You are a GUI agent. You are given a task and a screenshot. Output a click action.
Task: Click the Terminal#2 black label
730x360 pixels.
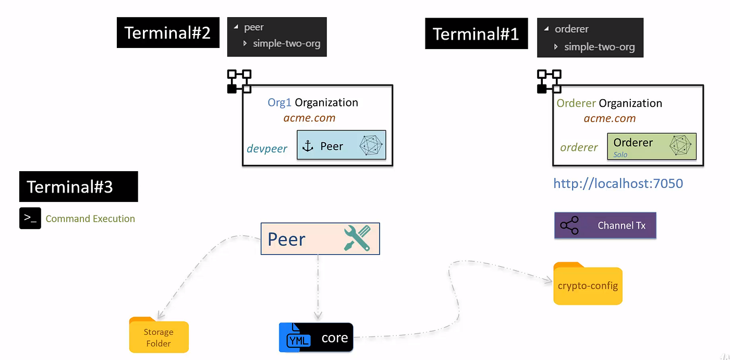click(x=168, y=32)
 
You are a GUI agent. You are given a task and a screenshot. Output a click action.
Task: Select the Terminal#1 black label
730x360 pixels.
click(x=476, y=34)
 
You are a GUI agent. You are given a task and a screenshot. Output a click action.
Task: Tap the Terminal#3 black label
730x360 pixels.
click(x=78, y=186)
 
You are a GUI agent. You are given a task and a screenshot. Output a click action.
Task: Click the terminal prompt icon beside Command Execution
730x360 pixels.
click(x=30, y=218)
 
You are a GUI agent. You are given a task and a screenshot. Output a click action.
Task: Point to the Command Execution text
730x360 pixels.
click(x=90, y=219)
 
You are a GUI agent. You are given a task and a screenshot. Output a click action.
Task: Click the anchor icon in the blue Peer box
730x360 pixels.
click(x=308, y=146)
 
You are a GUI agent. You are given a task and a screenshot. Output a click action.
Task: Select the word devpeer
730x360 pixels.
click(x=266, y=149)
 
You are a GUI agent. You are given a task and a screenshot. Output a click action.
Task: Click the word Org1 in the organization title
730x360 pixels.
click(x=279, y=102)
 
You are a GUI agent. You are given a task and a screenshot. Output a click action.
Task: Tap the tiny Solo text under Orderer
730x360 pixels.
click(x=620, y=155)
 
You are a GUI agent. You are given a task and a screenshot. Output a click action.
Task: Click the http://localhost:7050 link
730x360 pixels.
click(x=618, y=184)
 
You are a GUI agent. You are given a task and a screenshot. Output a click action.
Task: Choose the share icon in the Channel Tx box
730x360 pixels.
click(x=569, y=226)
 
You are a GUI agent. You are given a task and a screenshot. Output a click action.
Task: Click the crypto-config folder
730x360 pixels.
click(x=588, y=284)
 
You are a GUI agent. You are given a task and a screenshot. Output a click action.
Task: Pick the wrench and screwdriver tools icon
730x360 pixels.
click(x=357, y=238)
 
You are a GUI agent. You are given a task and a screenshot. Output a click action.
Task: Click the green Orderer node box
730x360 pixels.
click(x=652, y=146)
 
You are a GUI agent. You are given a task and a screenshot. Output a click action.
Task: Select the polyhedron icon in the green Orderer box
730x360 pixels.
click(x=680, y=146)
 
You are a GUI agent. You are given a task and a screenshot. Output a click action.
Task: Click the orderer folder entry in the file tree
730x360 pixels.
click(x=571, y=29)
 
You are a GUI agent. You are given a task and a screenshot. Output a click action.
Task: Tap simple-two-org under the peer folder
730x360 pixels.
click(x=286, y=43)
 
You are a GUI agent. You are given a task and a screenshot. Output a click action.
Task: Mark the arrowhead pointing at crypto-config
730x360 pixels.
click(x=549, y=281)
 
